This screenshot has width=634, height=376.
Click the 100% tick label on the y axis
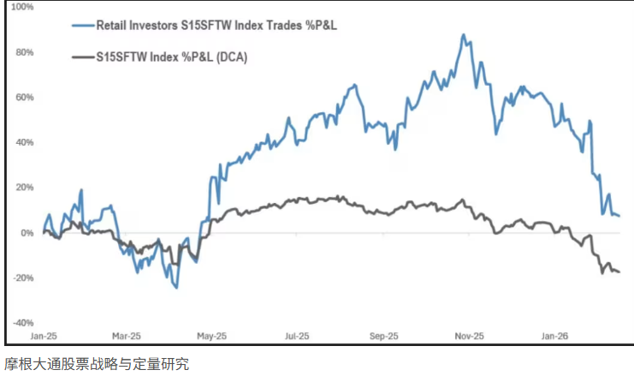(x=21, y=7)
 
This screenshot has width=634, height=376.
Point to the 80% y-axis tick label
(x=22, y=52)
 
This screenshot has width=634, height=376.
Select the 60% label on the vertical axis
(x=22, y=98)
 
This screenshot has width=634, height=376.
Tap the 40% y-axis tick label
(x=22, y=142)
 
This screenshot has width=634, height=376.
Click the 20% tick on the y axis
(x=22, y=188)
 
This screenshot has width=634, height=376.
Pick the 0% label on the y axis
(x=26, y=233)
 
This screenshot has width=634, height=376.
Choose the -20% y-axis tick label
(x=21, y=278)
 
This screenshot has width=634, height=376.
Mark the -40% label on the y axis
(x=21, y=323)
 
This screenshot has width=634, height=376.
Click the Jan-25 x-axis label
(x=43, y=336)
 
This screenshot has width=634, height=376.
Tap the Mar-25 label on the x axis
(x=127, y=336)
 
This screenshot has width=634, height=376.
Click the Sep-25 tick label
(x=383, y=336)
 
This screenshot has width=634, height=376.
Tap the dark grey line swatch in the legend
(x=84, y=57)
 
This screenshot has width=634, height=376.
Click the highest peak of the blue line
(x=463, y=35)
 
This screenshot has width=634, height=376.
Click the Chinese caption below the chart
(x=96, y=364)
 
